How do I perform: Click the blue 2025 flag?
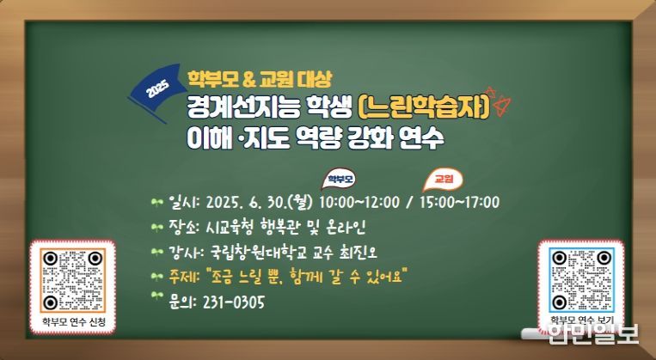157,91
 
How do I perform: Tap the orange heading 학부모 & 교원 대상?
260,78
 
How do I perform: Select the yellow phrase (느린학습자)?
424,107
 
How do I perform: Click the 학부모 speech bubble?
339,180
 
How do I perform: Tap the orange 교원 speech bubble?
443,179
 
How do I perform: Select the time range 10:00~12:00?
359,203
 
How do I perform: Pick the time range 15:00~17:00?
459,203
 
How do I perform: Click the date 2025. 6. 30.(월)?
260,203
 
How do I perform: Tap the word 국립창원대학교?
259,252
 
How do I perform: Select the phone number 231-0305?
234,302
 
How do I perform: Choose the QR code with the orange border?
73,281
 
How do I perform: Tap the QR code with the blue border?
581,280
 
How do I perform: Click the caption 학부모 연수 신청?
73,322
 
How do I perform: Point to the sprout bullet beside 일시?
156,203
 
